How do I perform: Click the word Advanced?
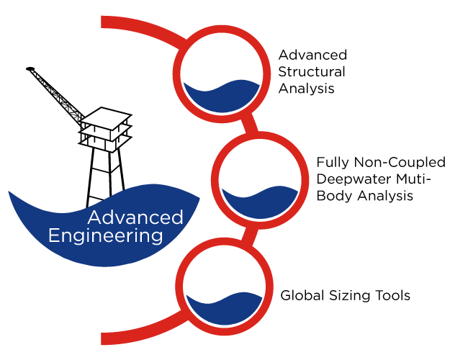[135, 217]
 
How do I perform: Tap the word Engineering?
[105, 235]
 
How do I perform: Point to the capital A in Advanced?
[94, 217]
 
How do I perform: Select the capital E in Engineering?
[53, 235]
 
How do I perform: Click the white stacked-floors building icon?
[105, 130]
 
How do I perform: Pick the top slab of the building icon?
[105, 117]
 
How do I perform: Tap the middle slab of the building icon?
[105, 130]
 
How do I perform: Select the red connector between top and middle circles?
[249, 124]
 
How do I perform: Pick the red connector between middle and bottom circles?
[249, 235]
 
